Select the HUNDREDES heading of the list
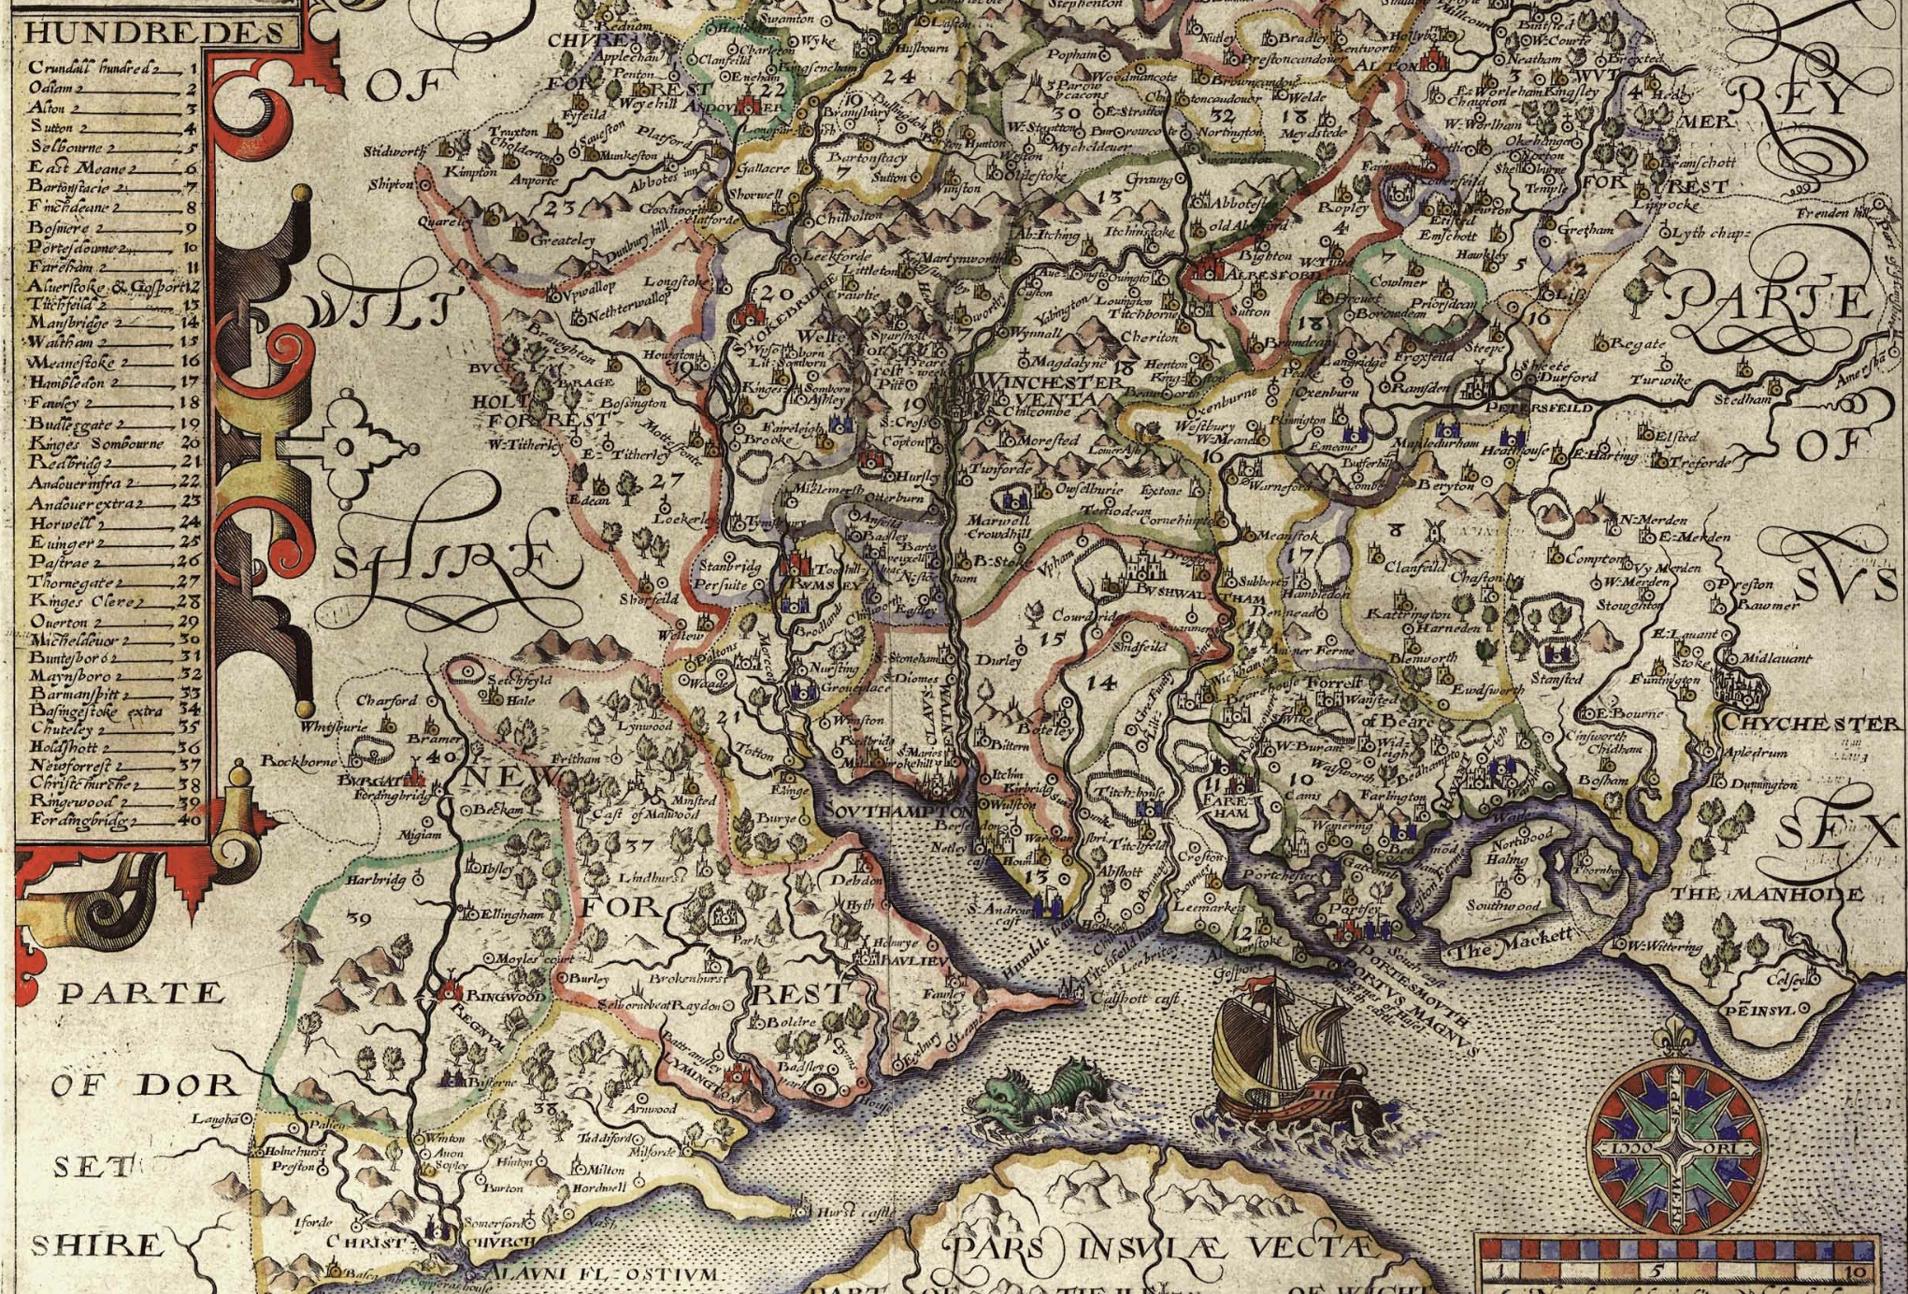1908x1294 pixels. point(154,34)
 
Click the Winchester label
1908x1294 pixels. point(1047,383)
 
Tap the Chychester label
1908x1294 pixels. point(1809,724)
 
